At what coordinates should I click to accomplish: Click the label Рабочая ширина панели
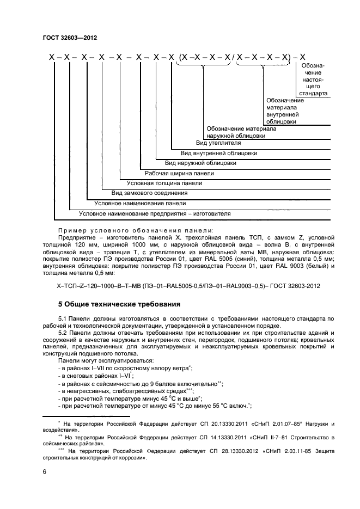tap(179, 173)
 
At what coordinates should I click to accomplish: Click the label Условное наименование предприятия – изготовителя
tap(155, 213)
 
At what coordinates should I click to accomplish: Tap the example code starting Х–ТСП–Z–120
tap(188, 286)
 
